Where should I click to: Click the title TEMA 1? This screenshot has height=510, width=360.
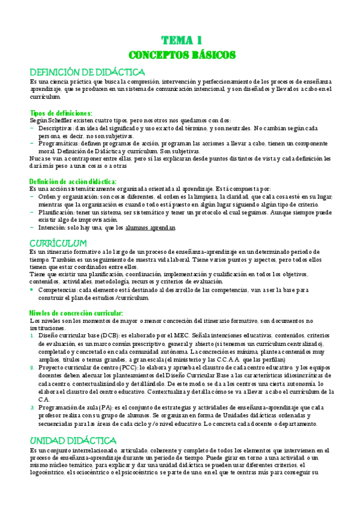[x=180, y=41]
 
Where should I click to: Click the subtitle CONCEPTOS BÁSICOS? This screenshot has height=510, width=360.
[x=180, y=55]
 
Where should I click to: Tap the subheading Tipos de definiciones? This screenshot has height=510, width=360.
[x=61, y=112]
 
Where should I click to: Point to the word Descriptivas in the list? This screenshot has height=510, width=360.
[x=56, y=128]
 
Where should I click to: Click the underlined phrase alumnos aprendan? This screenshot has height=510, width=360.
[x=150, y=228]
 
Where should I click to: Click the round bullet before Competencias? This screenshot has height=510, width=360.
[x=32, y=290]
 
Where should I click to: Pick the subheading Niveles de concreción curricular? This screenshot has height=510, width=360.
[x=76, y=313]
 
